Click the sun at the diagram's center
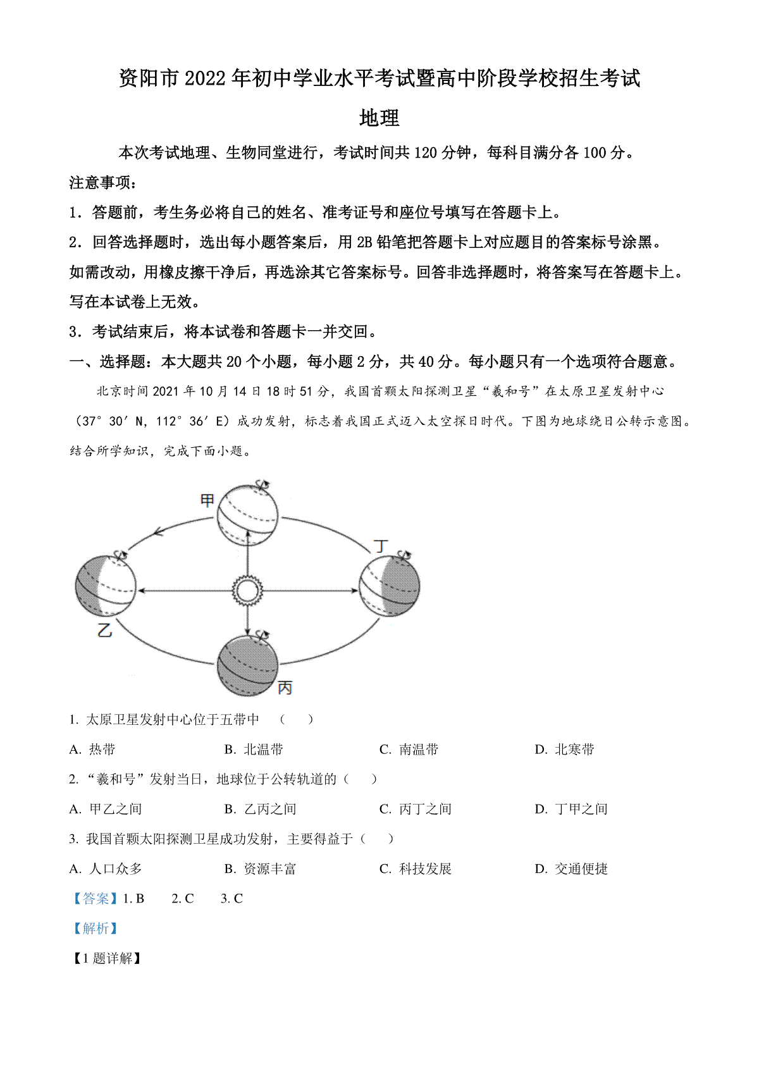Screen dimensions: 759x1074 click(x=247, y=590)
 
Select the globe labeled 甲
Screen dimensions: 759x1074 click(x=247, y=515)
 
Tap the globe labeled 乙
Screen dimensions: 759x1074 click(x=106, y=586)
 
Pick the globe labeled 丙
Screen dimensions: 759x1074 click(x=247, y=665)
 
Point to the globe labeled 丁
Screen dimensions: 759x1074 click(x=390, y=586)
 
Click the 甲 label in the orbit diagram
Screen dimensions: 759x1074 click(x=207, y=500)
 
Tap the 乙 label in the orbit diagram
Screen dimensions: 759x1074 click(x=104, y=629)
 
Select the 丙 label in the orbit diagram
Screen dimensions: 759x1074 click(x=285, y=688)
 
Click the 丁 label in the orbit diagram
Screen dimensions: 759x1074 click(x=381, y=546)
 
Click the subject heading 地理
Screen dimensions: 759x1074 click(x=379, y=118)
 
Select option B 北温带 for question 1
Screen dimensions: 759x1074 click(x=254, y=749)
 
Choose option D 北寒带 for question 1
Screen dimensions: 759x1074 click(x=564, y=749)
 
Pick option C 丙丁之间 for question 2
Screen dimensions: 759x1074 click(x=415, y=809)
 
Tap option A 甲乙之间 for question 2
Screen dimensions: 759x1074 click(x=106, y=809)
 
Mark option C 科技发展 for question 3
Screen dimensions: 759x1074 click(x=415, y=868)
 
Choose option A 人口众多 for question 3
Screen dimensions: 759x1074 click(x=106, y=868)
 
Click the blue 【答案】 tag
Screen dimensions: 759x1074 click(x=96, y=898)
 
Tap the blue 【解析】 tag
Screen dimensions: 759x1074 click(x=96, y=929)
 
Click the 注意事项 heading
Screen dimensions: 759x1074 click(x=103, y=182)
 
